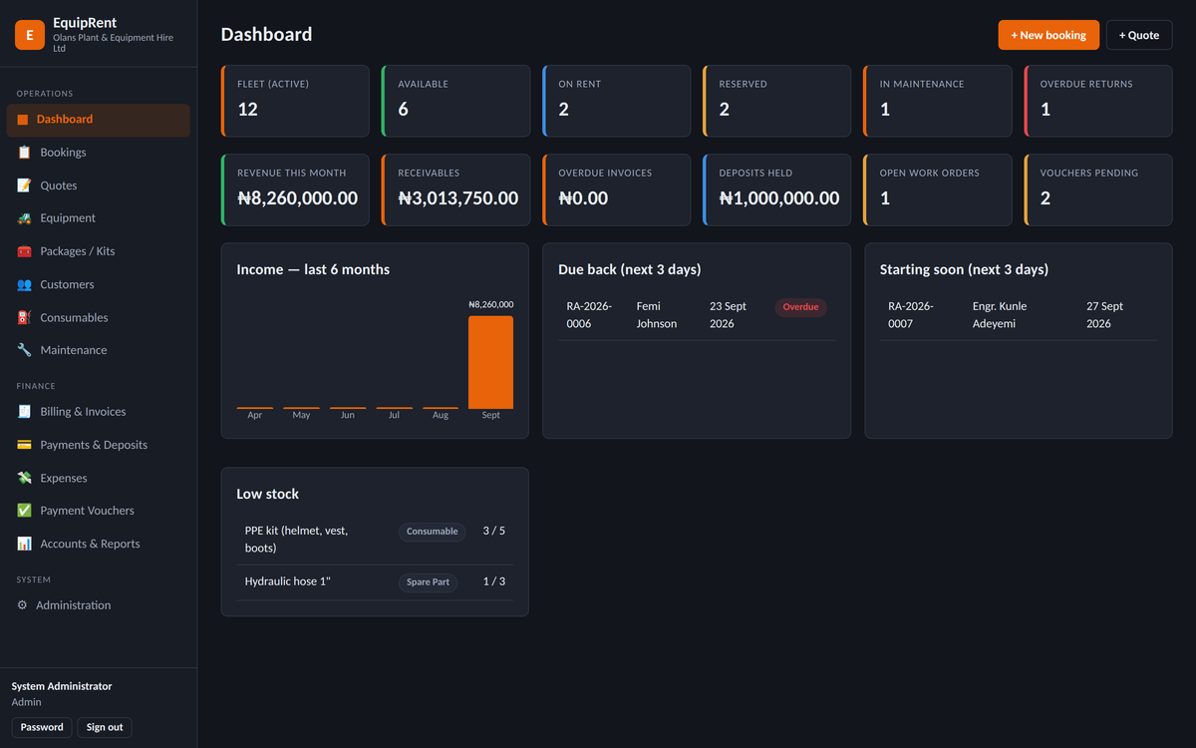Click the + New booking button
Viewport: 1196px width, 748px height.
coord(1048,35)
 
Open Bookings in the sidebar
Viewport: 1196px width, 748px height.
coord(63,153)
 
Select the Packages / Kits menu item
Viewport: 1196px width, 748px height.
coord(78,251)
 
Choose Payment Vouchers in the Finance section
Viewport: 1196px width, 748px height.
coord(87,511)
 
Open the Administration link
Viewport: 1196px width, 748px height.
coord(73,604)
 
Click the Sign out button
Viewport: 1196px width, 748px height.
coord(105,727)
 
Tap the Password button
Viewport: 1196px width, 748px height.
coord(42,727)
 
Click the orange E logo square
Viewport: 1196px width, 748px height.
coord(30,35)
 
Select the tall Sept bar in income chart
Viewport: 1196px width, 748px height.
coord(490,362)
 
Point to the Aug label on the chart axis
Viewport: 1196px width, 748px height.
coord(441,415)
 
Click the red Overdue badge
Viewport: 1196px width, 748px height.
coord(800,307)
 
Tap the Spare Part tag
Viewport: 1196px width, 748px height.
coord(428,581)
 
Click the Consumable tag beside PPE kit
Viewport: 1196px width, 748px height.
coord(432,532)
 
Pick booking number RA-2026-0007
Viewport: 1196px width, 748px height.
coord(910,315)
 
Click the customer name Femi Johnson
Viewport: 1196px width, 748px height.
coord(656,315)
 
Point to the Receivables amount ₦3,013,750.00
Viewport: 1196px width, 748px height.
coord(458,198)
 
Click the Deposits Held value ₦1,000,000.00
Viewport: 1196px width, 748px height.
coord(779,198)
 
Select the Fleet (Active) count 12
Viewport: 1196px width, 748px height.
coord(248,110)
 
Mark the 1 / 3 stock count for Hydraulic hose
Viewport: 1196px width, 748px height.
coord(494,581)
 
